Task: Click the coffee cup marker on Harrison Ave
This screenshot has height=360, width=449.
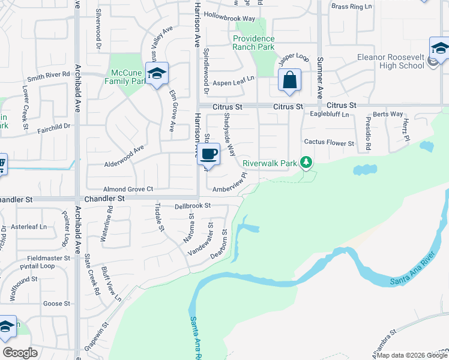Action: pos(208,154)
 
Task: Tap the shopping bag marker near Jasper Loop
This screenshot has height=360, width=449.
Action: pos(289,80)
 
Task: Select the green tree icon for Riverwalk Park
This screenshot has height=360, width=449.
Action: pos(307,162)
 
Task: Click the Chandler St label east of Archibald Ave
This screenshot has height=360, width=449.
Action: pos(104,198)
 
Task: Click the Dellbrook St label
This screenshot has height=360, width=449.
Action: pos(192,206)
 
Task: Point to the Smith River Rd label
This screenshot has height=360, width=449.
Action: pos(49,76)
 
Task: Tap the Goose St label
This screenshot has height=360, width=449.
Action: pos(56,304)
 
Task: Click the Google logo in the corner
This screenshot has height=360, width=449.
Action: pos(20,353)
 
